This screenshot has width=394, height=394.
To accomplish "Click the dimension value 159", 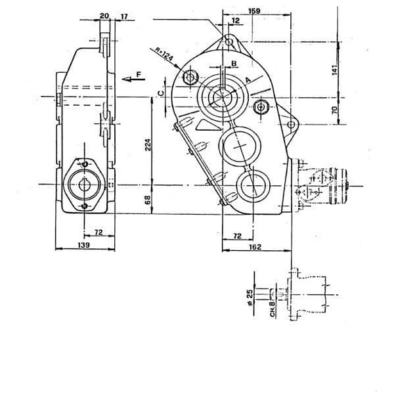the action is tap(254, 11).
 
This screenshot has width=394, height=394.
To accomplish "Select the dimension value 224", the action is tap(148, 144).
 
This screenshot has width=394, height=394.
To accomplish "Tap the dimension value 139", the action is tap(84, 245).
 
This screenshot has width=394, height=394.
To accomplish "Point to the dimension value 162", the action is tap(255, 247).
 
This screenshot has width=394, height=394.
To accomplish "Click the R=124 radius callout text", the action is tap(164, 54).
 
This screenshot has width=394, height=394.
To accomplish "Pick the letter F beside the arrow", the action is tap(139, 74).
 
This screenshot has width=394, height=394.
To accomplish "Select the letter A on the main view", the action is tap(248, 80).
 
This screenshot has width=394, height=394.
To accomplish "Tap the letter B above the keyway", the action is tap(234, 63).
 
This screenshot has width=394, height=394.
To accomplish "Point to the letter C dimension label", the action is tap(161, 93).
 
